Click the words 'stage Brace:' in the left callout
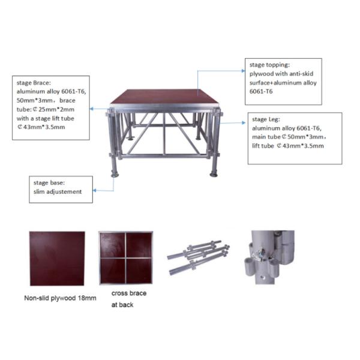[34, 83]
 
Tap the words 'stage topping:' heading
[269, 65]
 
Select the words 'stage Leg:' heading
[266, 119]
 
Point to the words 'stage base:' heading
[49, 183]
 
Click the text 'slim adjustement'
[58, 192]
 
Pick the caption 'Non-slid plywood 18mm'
[60, 298]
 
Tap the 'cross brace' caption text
[129, 293]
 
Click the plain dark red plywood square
[57, 259]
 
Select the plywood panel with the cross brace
[125, 258]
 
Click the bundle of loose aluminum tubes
[199, 257]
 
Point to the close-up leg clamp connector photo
[269, 257]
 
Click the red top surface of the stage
[164, 97]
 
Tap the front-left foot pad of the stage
[115, 175]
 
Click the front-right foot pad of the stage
[214, 175]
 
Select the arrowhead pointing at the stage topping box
[244, 71]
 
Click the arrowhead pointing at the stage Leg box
[244, 123]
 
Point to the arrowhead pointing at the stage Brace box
[92, 109]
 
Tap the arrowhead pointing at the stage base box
[95, 190]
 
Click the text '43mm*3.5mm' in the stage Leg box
[303, 146]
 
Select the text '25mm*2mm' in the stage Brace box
[56, 110]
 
